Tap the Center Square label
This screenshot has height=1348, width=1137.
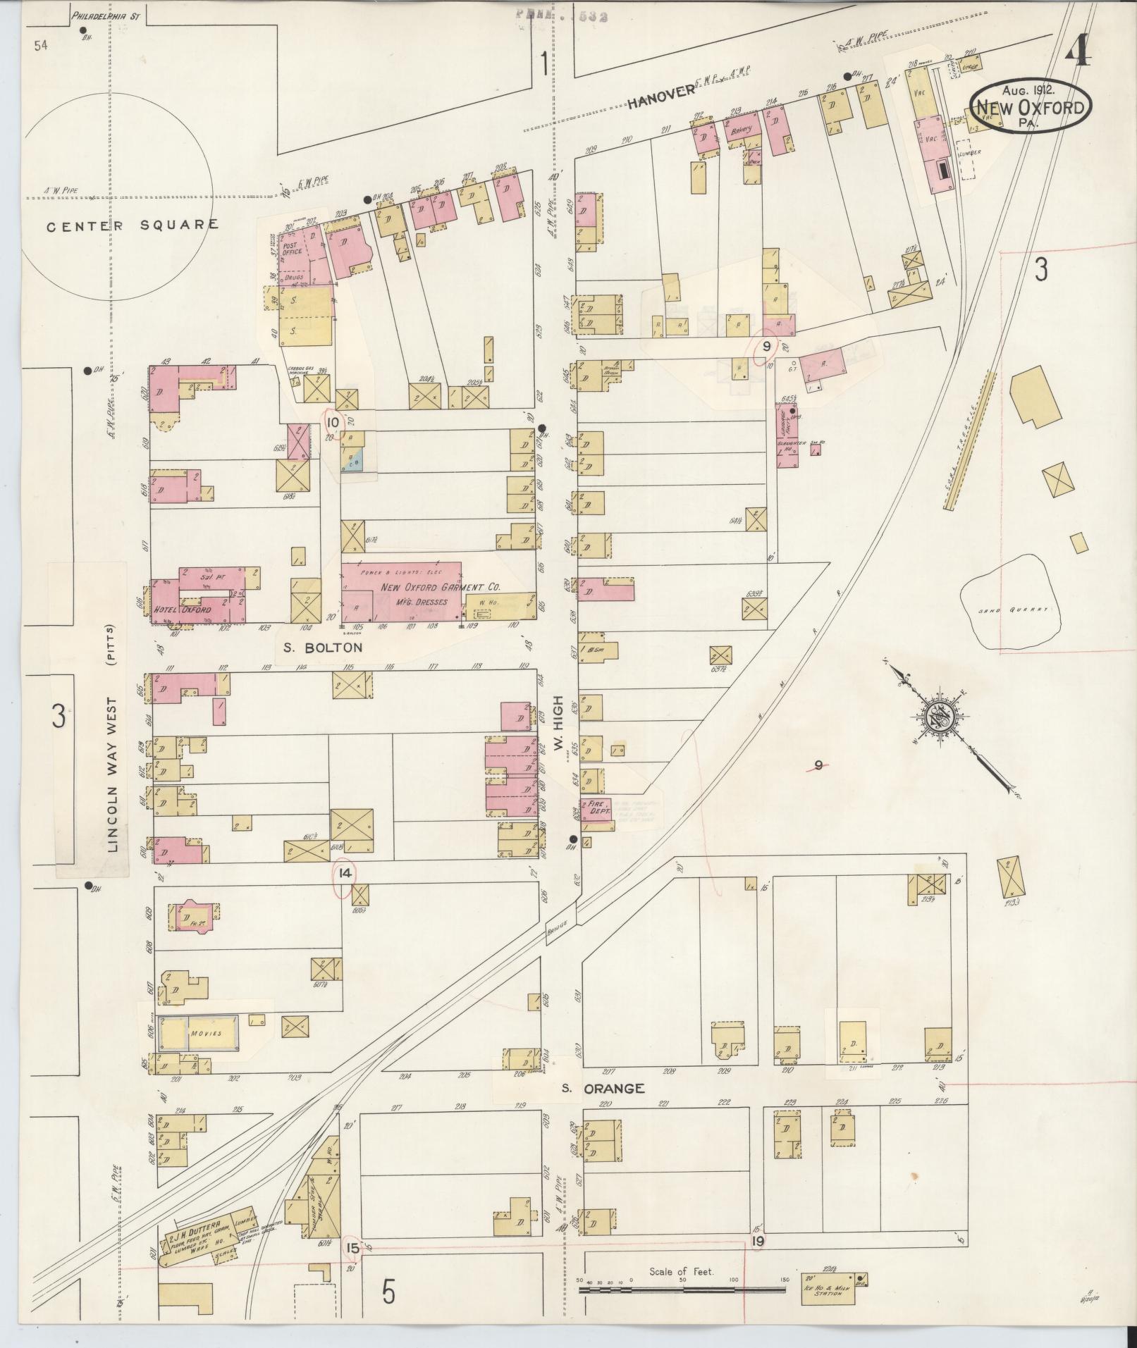click(x=133, y=225)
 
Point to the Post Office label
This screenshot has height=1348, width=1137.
click(x=292, y=247)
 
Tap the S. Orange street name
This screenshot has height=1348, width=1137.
click(x=603, y=1108)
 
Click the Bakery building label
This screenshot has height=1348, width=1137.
click(x=742, y=130)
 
